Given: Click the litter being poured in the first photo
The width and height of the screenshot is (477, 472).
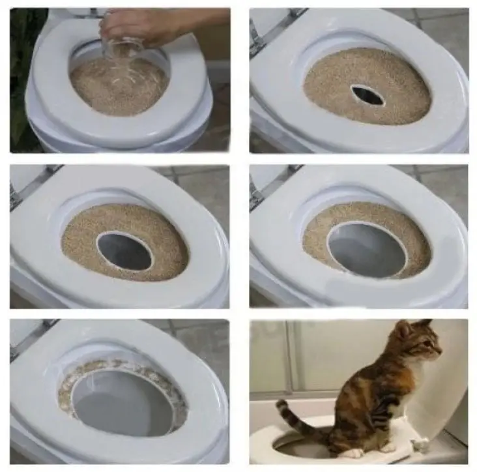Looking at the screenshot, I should point(117,85).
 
